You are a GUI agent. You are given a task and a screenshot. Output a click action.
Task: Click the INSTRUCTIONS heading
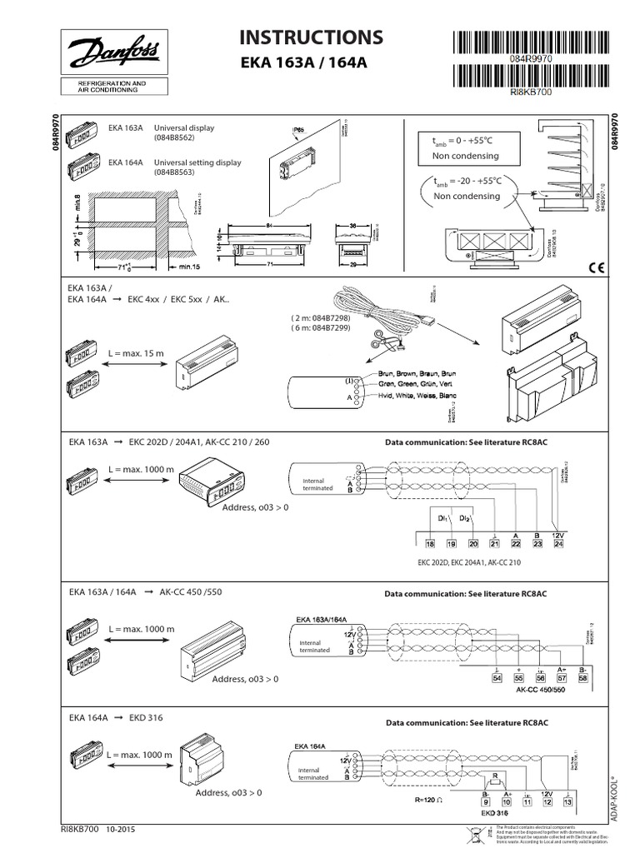pyautogui.click(x=312, y=37)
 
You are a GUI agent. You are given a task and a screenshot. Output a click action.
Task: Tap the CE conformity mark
pyautogui.click(x=596, y=268)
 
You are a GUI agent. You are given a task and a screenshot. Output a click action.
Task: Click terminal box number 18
pyautogui.click(x=430, y=543)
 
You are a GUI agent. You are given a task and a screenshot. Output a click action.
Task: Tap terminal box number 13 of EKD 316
pyautogui.click(x=567, y=801)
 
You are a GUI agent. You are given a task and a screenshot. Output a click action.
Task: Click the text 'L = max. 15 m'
pyautogui.click(x=137, y=354)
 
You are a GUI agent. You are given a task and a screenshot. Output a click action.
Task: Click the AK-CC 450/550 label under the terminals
pyautogui.click(x=539, y=691)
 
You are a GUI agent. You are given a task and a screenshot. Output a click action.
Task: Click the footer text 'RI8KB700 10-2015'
pyautogui.click(x=98, y=830)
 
